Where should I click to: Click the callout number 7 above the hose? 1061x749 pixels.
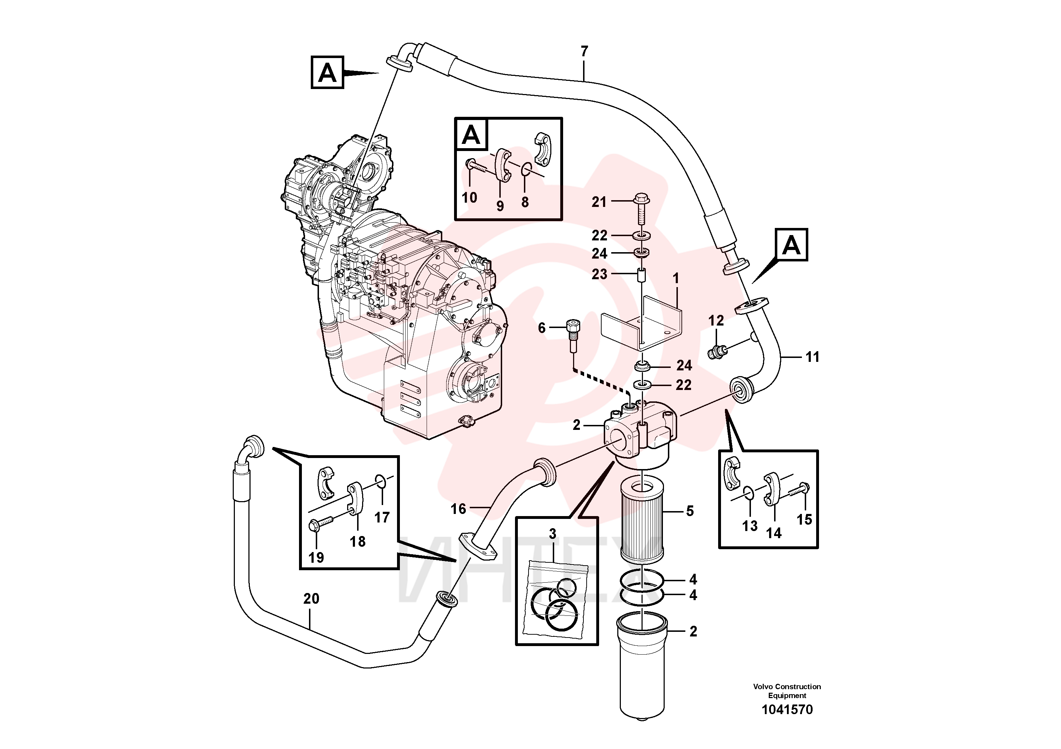coord(584,51)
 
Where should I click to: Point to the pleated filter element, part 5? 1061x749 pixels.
coord(642,520)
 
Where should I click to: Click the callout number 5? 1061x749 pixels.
coord(690,511)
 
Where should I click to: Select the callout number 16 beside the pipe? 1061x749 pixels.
coord(458,509)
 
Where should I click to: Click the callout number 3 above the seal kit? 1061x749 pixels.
coord(553,534)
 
